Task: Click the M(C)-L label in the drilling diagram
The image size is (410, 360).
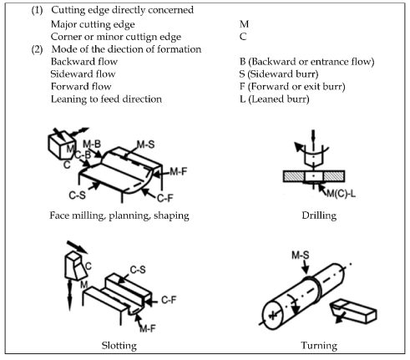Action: point(342,193)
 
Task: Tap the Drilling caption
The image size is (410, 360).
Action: point(319,215)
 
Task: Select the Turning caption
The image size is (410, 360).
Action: point(319,346)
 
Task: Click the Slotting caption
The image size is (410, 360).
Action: point(119,346)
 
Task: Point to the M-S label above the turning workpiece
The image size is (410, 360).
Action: point(301,255)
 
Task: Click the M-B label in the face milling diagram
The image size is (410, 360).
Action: point(92,145)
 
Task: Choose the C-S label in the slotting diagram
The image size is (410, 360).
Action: point(138,270)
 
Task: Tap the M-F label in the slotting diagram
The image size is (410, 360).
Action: point(148,329)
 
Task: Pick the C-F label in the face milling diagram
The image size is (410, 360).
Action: point(165,198)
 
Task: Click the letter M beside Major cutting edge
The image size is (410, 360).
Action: point(244,24)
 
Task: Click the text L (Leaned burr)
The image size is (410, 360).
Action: point(275,99)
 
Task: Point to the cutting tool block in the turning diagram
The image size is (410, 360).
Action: point(353,311)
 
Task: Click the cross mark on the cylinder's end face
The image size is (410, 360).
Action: point(273,315)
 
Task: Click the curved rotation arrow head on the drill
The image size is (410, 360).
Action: point(299,146)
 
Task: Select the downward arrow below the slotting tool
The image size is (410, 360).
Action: point(69,295)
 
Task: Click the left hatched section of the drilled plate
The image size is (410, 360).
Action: point(294,176)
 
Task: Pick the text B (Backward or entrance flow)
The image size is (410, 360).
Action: point(307,62)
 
